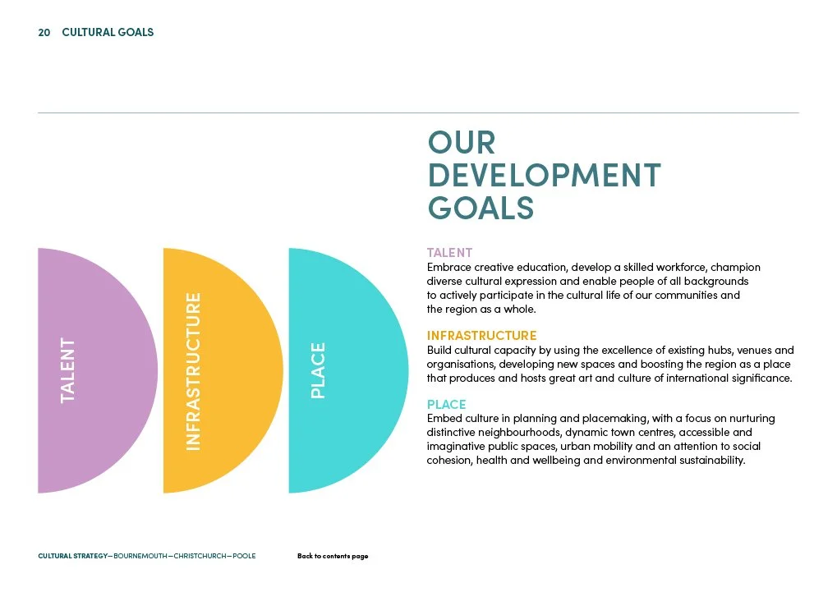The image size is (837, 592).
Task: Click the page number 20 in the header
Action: pyautogui.click(x=44, y=33)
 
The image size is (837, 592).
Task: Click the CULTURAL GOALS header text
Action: pyautogui.click(x=108, y=33)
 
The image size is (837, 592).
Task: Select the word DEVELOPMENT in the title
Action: pyautogui.click(x=544, y=175)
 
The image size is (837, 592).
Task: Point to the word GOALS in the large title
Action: pyautogui.click(x=481, y=208)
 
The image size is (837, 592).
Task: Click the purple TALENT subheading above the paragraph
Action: pyautogui.click(x=449, y=253)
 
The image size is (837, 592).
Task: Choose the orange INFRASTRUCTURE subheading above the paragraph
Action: pyautogui.click(x=481, y=335)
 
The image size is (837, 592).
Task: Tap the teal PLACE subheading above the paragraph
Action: pyautogui.click(x=446, y=404)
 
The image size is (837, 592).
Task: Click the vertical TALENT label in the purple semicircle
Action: pyautogui.click(x=67, y=370)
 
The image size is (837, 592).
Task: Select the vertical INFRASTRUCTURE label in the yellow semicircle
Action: pyautogui.click(x=193, y=370)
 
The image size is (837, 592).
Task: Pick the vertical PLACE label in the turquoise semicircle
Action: pyautogui.click(x=319, y=370)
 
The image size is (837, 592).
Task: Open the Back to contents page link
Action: pyautogui.click(x=333, y=556)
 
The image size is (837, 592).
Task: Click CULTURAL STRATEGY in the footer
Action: pyautogui.click(x=72, y=556)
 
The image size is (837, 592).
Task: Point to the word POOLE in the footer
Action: pyautogui.click(x=244, y=556)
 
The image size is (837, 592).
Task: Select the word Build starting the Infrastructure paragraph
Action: pyautogui.click(x=439, y=350)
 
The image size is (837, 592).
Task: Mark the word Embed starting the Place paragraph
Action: pyautogui.click(x=444, y=419)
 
